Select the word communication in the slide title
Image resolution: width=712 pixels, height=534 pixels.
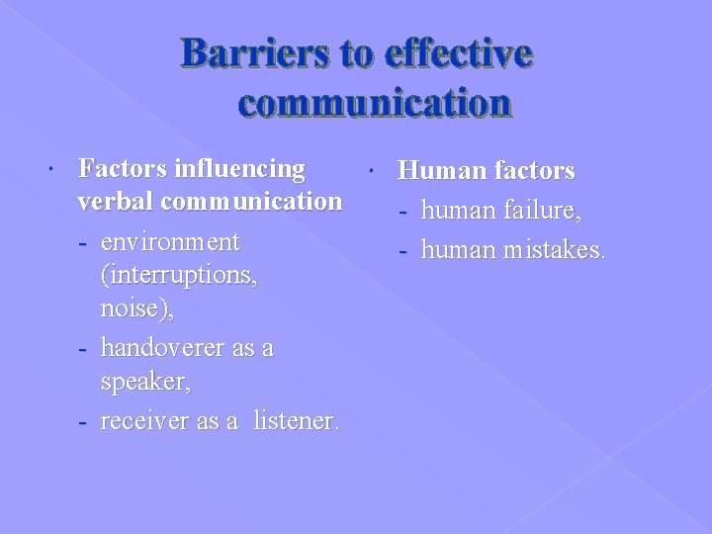point(375,102)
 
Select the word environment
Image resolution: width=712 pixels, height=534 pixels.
point(170,241)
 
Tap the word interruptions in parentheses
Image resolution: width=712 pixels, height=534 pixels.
point(179,275)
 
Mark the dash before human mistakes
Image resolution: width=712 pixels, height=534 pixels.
point(404,250)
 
